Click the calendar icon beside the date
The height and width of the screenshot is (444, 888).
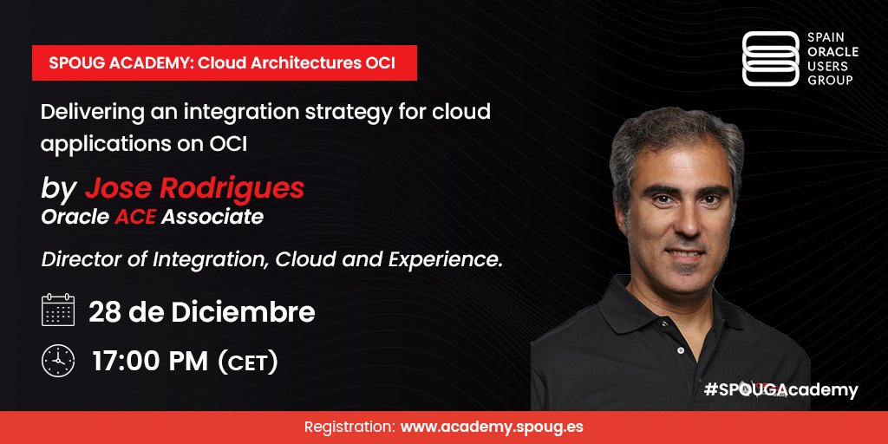point(58,310)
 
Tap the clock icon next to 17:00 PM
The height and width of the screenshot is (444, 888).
point(58,361)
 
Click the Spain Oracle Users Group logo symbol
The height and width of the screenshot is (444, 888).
point(770,59)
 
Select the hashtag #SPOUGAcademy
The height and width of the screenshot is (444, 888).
point(780,390)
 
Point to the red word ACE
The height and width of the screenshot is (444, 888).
point(135,217)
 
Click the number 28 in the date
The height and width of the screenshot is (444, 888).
point(105,312)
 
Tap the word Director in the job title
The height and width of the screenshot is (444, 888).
point(76,258)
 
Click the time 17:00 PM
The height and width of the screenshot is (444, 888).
point(150,361)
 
